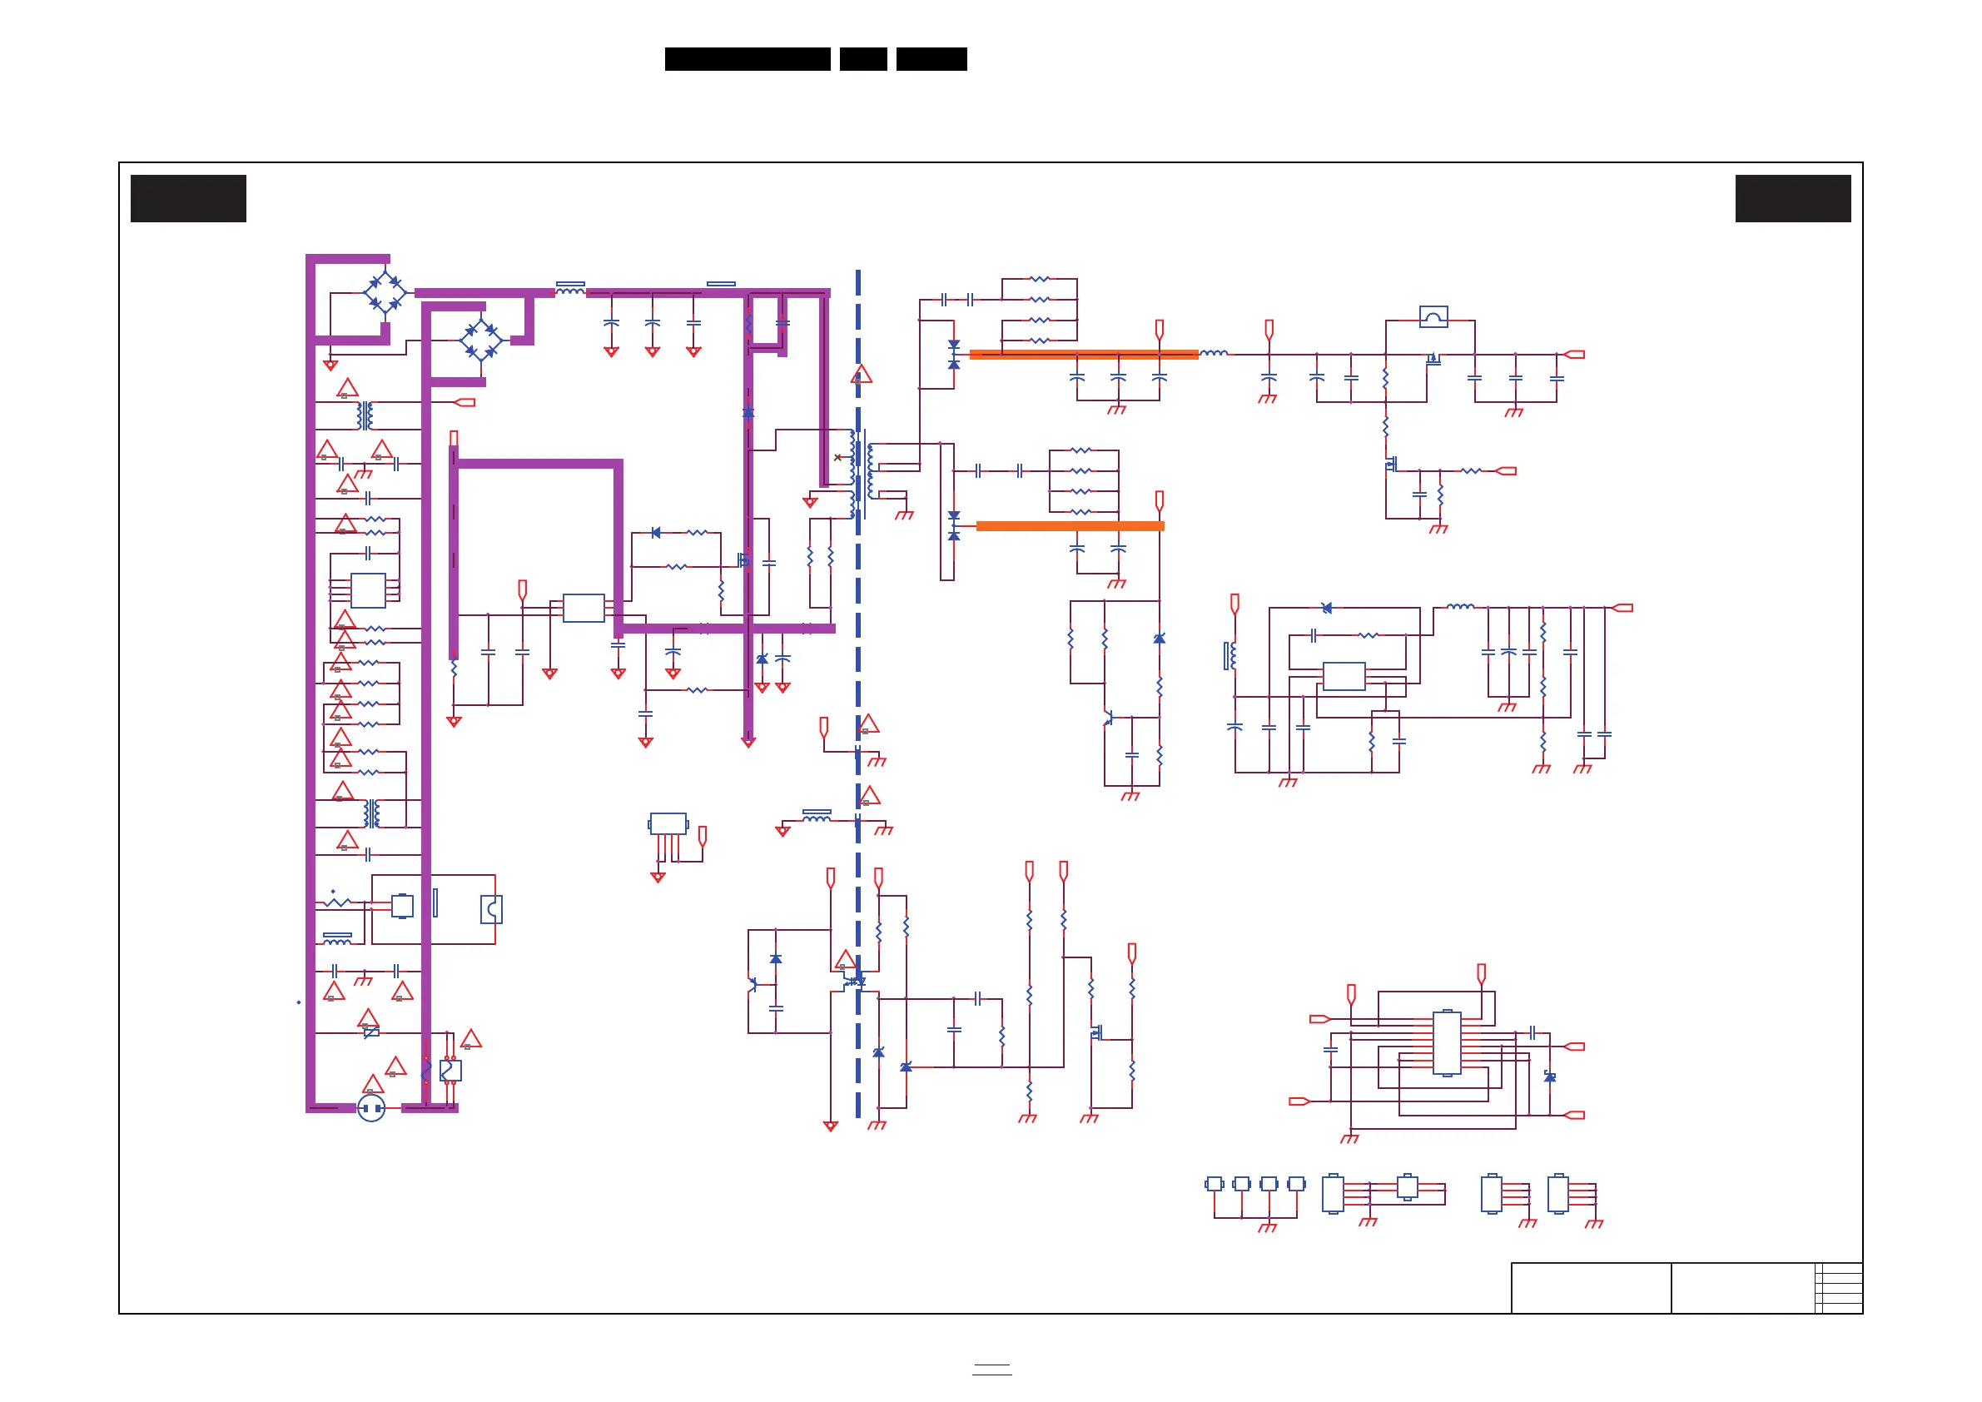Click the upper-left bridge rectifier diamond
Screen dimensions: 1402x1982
tap(385, 294)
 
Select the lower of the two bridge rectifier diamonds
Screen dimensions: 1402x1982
tap(481, 341)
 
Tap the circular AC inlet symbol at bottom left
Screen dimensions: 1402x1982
tap(371, 1107)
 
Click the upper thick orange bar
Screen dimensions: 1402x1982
tap(1083, 354)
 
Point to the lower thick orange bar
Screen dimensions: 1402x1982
tap(1070, 526)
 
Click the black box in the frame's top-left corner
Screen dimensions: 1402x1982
tap(188, 198)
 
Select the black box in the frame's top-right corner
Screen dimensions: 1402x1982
tap(1793, 198)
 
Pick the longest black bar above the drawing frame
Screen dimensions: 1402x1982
tap(748, 59)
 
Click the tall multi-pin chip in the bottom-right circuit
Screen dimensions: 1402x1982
tap(1447, 1043)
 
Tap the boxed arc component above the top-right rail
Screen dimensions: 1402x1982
tap(1433, 318)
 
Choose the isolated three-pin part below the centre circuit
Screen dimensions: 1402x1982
tap(668, 824)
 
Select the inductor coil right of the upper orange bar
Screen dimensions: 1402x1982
tap(1214, 353)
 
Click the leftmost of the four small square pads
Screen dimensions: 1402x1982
tap(1214, 1184)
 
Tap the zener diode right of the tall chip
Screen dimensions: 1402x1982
tap(1549, 1077)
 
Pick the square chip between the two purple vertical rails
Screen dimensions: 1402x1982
tap(368, 590)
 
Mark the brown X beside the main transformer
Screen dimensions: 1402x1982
tap(837, 458)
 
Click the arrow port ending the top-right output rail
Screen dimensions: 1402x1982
tap(1575, 354)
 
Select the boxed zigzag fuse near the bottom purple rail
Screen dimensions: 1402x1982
tap(450, 1071)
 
